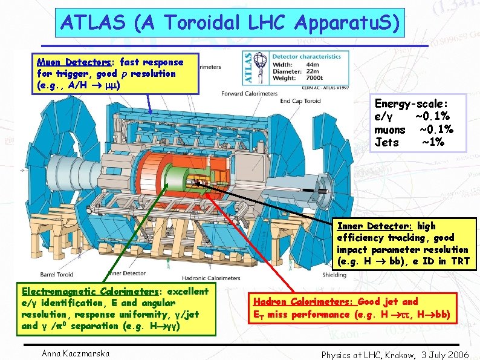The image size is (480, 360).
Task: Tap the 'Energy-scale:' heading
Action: click(x=412, y=103)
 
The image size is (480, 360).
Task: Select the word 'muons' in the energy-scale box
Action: click(x=390, y=129)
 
